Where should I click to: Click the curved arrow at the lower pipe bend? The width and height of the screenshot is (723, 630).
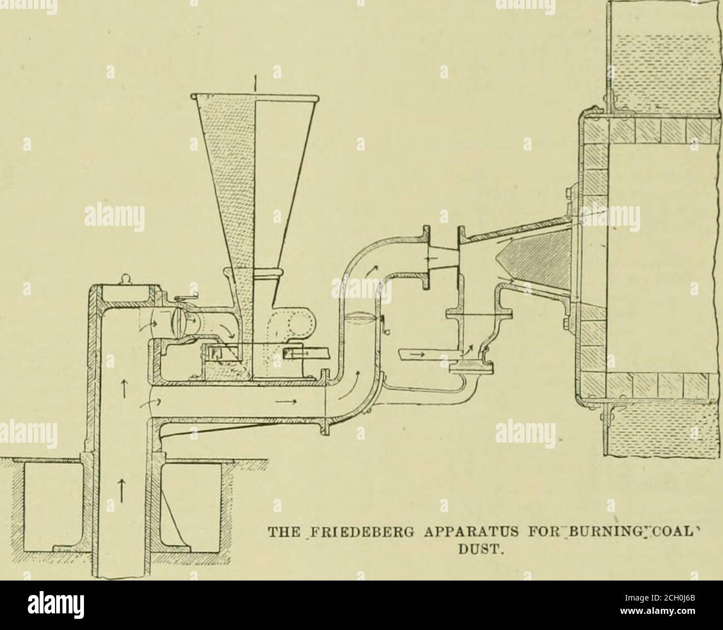pos(348,385)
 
